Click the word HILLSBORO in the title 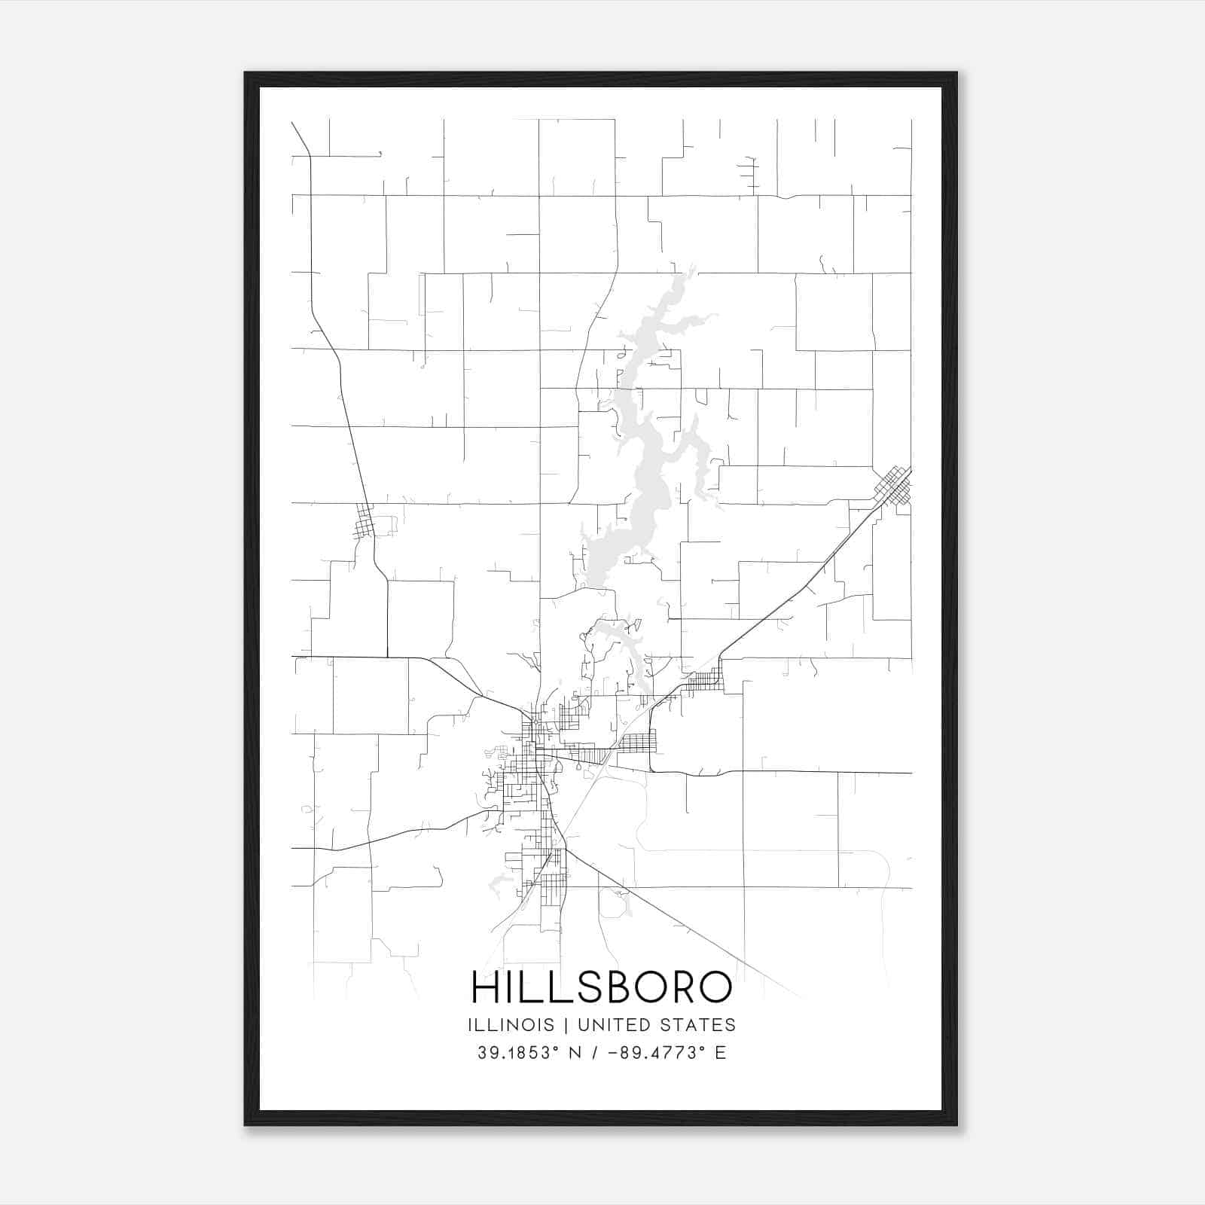click(x=601, y=987)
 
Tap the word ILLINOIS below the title click(x=511, y=1025)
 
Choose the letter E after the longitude click(x=721, y=1053)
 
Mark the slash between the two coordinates click(x=595, y=1053)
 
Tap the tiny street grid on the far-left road click(x=365, y=522)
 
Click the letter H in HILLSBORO click(x=484, y=987)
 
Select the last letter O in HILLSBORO click(x=716, y=987)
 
